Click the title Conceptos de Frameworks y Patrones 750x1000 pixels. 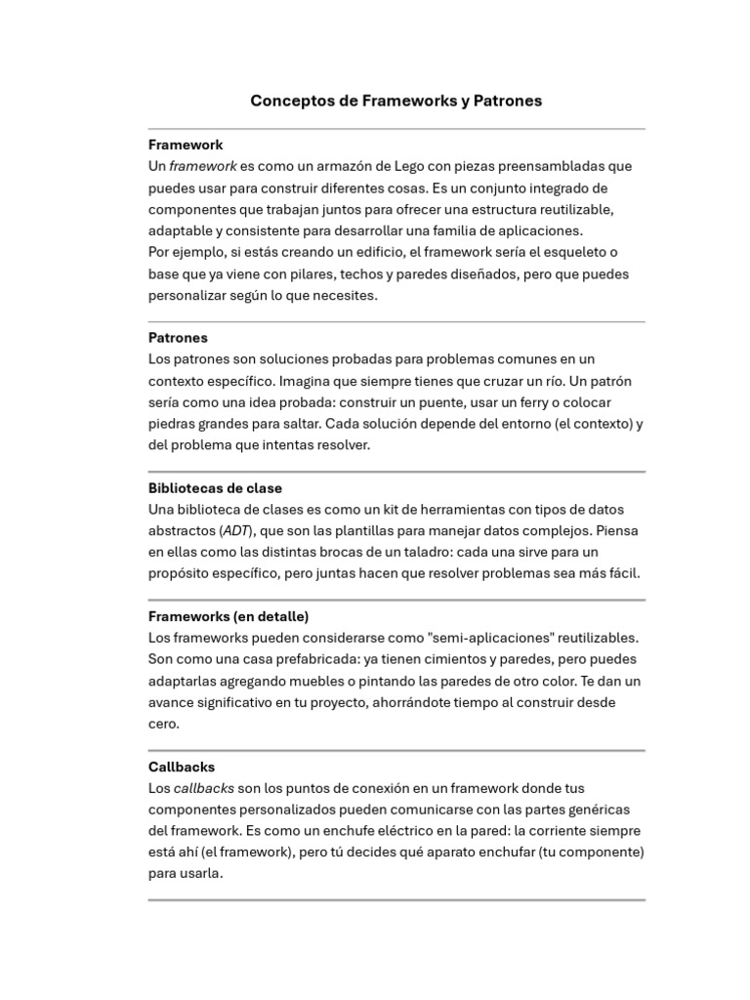coord(396,101)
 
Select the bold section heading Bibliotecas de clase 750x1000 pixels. coord(215,488)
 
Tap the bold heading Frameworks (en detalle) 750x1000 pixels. coord(229,616)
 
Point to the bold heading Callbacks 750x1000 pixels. coord(182,767)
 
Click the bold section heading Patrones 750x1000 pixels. coord(178,338)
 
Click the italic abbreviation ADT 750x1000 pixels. coord(235,531)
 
